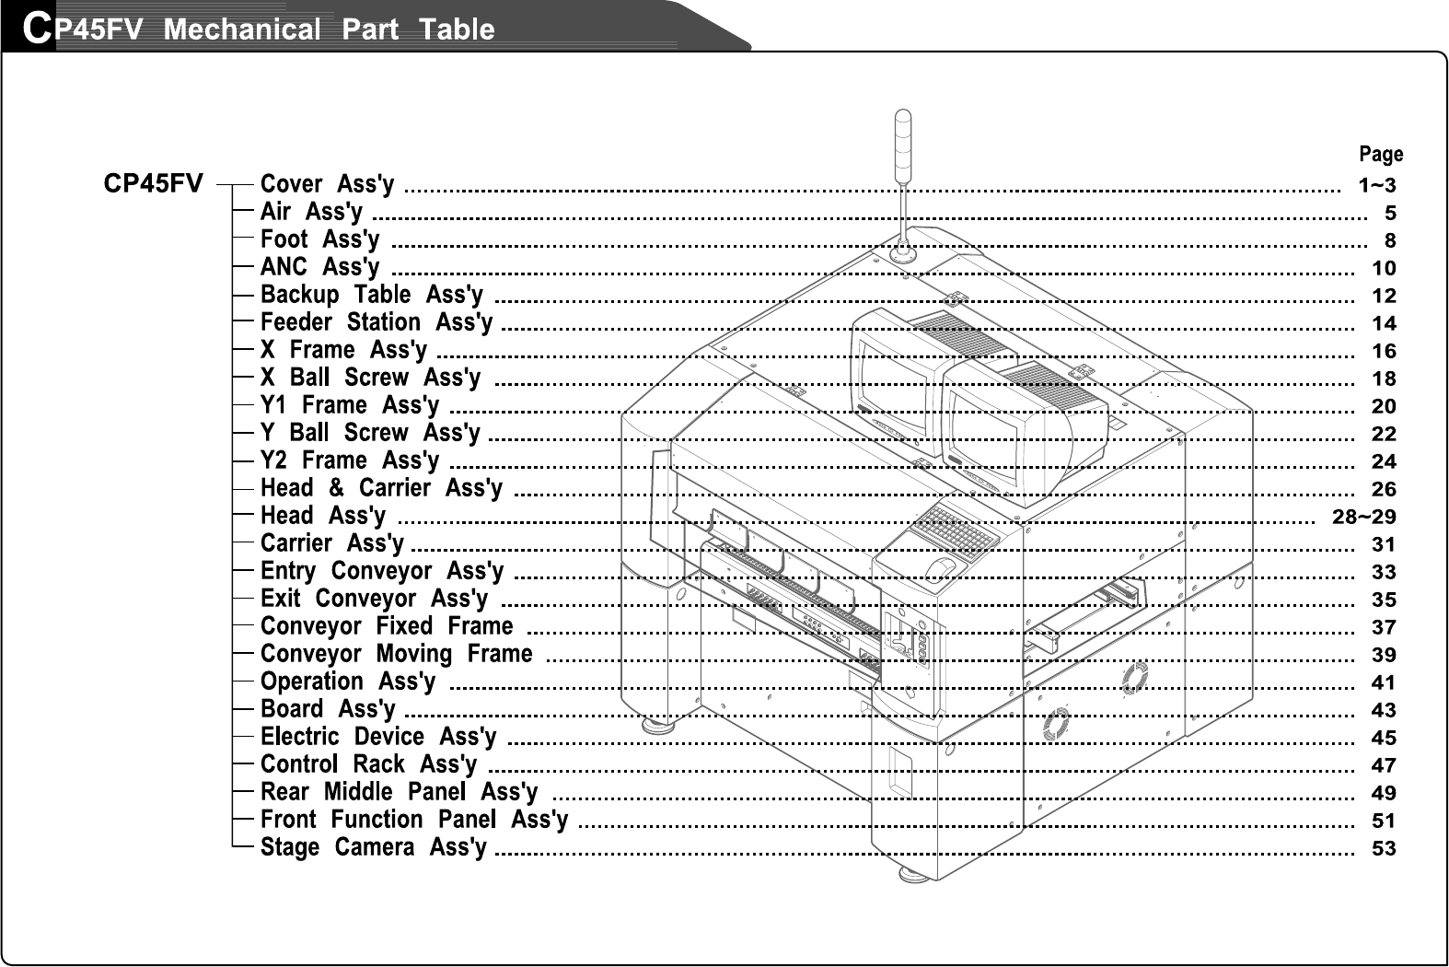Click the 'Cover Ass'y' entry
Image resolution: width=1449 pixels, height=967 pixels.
pos(327,184)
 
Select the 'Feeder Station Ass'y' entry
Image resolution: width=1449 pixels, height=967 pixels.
pos(376,322)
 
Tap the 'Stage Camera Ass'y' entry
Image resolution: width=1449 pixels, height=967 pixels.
pos(373,847)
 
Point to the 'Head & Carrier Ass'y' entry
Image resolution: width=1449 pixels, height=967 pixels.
pos(381,488)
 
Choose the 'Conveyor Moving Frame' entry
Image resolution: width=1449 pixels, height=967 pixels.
pos(396,654)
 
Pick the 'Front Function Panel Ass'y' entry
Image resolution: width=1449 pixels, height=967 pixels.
pos(413,820)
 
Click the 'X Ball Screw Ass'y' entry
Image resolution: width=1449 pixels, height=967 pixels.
pos(370,378)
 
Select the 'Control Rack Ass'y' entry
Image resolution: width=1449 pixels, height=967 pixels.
pos(368,764)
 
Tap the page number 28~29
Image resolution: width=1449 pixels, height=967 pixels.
pos(1364,517)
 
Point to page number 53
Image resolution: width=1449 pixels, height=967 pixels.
pos(1384,848)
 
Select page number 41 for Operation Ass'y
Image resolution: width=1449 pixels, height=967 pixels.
pos(1384,682)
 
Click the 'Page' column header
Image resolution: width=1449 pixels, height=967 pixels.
pos(1381,154)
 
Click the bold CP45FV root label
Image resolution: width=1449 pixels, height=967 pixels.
pos(153,184)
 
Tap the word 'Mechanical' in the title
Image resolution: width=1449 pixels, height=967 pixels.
pos(242,29)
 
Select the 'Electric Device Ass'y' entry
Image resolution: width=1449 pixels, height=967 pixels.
pos(377,737)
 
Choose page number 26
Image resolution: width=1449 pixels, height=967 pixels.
pos(1384,489)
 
